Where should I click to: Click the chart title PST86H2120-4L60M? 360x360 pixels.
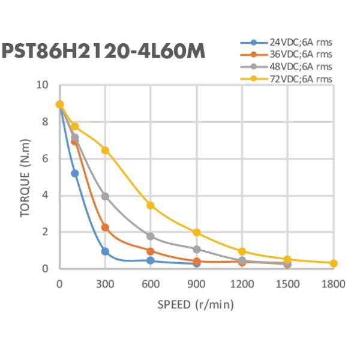[104, 52]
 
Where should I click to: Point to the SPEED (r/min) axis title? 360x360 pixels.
[196, 304]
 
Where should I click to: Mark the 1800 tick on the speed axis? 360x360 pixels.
[334, 283]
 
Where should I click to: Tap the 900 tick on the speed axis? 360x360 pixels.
[196, 283]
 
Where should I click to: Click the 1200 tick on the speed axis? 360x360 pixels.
[242, 283]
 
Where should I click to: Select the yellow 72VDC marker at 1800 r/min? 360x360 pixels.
[334, 263]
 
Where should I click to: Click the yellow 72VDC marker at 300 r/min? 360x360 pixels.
[105, 150]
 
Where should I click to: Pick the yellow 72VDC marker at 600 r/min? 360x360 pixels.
[151, 205]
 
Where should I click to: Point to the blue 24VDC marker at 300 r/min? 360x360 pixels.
[105, 251]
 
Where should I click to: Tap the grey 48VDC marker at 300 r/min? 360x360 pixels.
[105, 196]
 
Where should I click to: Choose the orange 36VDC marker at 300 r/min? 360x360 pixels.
[105, 227]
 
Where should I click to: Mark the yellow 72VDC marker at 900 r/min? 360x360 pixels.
[196, 232]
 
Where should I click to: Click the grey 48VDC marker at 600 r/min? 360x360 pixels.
[151, 236]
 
